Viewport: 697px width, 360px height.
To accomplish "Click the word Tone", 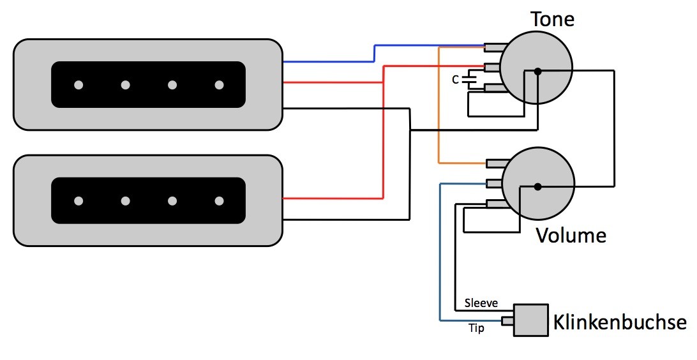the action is (x=552, y=19).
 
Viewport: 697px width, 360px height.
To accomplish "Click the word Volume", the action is (x=571, y=235).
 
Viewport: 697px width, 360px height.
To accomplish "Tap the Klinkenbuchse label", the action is (x=620, y=322).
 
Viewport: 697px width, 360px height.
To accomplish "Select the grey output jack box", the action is (x=531, y=320).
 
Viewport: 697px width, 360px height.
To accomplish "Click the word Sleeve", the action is (x=481, y=303).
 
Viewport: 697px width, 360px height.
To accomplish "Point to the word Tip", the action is (x=477, y=329).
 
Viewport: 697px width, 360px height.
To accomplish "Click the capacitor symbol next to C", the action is (x=469, y=80).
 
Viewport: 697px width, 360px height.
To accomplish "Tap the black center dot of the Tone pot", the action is (x=537, y=71).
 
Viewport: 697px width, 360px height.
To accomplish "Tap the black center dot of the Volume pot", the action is (x=537, y=186).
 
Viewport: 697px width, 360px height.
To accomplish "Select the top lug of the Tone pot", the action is (x=496, y=47).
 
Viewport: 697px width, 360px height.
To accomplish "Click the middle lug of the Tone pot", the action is (x=493, y=67).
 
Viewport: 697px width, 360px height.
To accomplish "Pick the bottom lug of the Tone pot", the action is (x=496, y=88).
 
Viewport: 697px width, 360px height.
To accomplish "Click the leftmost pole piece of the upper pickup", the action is (x=79, y=85).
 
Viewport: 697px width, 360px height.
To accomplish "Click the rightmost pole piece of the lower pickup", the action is (x=219, y=201).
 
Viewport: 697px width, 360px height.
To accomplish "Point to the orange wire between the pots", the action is (x=439, y=105).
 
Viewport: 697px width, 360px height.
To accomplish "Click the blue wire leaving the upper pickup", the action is (x=374, y=54).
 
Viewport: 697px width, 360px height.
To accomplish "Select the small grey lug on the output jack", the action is (x=507, y=320).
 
